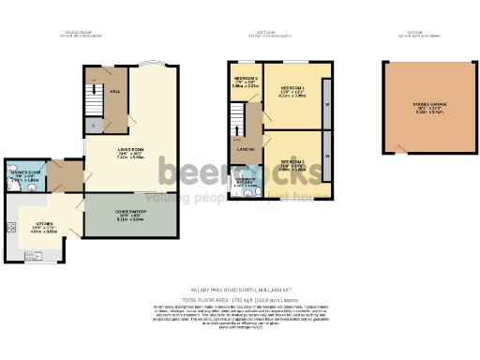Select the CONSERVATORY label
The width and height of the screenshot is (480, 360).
130,212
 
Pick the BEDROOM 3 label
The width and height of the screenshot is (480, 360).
245,78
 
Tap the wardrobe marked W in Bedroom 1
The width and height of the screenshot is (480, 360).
325,105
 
